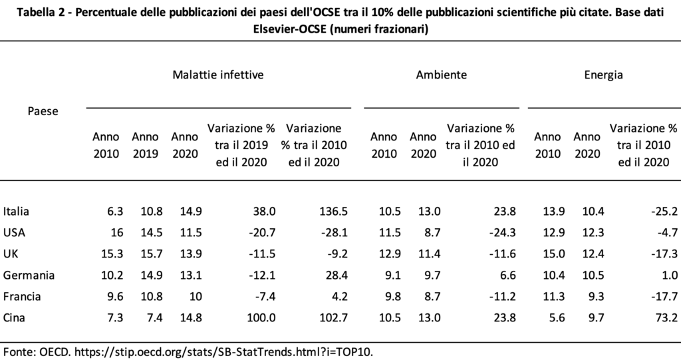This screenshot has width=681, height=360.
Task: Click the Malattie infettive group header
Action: pos(218,75)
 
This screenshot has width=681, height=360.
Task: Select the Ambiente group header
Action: pos(442,75)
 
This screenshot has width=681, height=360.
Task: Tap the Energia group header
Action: pos(603,75)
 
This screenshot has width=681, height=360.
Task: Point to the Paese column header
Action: pos(43,111)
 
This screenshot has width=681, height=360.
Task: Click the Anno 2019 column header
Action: pos(145,145)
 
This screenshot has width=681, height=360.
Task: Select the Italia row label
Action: pos(16,212)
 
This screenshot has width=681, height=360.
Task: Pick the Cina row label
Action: pos(14,318)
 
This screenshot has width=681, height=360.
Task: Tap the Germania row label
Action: pos(29,275)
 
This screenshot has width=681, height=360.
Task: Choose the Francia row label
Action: pos(22,297)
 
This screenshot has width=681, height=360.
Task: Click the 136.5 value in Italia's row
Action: pos(333,212)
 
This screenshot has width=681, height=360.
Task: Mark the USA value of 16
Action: pos(117,233)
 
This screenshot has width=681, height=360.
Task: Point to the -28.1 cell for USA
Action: pos(335,233)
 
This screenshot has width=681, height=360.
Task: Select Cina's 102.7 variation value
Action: pos(333,318)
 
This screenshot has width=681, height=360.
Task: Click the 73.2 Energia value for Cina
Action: pos(667,318)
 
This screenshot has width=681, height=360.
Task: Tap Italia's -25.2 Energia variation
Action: pos(664,212)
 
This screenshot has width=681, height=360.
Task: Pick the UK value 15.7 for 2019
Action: pos(152,254)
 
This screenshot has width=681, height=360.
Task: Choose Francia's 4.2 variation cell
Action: pos(340,297)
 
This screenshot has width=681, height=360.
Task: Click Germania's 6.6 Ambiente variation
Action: pos(508,275)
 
